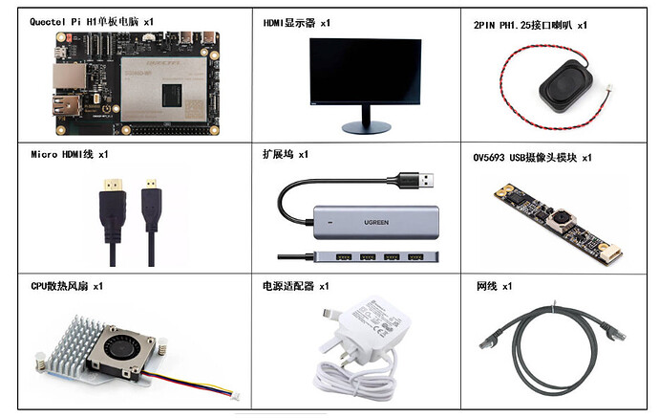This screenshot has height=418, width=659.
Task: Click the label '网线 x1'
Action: click(495, 286)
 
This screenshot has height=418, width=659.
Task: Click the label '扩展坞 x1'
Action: click(285, 153)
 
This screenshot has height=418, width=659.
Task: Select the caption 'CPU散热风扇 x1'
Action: click(67, 286)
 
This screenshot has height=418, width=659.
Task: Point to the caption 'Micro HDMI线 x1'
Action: click(70, 153)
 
